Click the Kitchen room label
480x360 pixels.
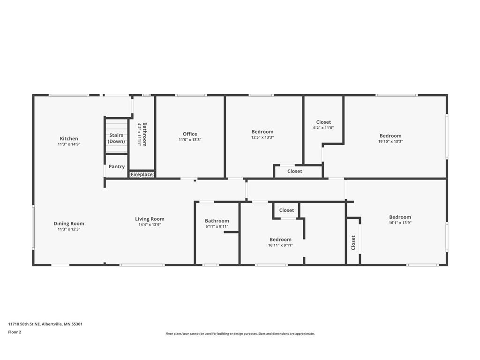[69, 139]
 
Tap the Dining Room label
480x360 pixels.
[69, 224]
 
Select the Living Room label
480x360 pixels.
[150, 219]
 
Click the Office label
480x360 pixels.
[190, 134]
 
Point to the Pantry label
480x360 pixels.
[117, 166]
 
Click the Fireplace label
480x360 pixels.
[142, 174]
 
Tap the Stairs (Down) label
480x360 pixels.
[116, 138]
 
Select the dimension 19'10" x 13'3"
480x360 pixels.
[390, 142]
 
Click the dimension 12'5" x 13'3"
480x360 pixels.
[262, 137]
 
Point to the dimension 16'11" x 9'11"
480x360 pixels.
[280, 245]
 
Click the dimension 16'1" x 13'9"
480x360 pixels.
[400, 223]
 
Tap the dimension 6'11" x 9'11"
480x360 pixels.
[217, 226]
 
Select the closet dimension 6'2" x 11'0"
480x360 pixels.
[323, 127]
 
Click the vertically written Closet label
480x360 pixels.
[353, 243]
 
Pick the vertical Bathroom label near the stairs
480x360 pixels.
[145, 135]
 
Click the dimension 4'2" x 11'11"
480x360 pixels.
[139, 135]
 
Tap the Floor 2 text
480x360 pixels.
[15, 332]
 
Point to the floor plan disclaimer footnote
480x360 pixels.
[240, 334]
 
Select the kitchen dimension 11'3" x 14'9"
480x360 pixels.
[69, 144]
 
